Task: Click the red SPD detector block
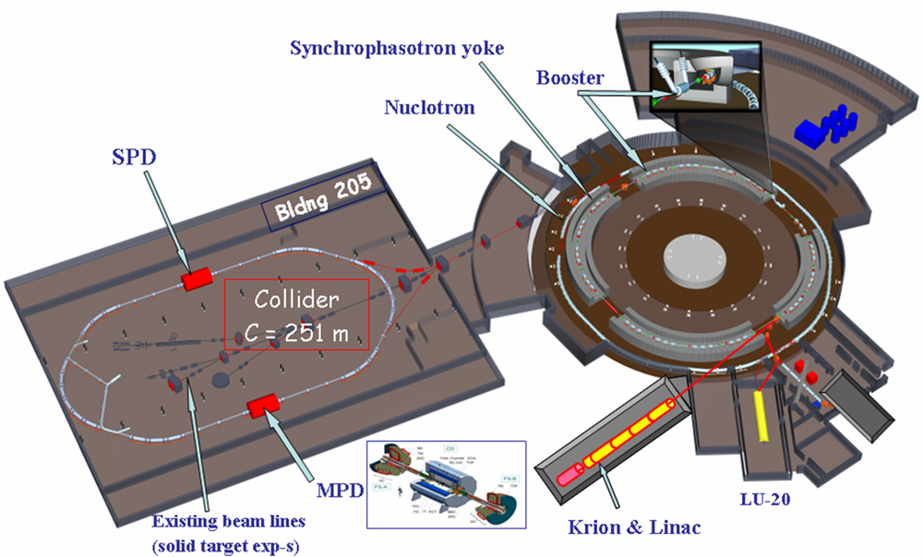click(x=196, y=278)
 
